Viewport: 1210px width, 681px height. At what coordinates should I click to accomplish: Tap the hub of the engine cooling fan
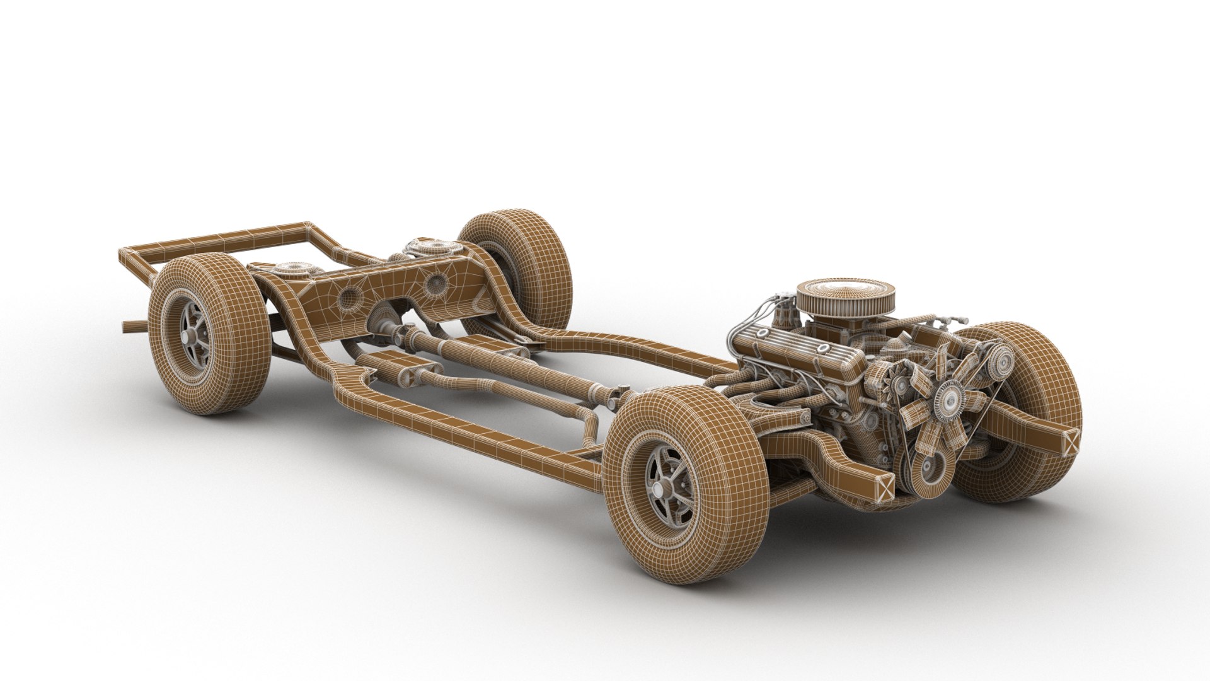(x=947, y=397)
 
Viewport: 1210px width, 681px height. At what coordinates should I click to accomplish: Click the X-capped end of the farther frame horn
(x=1070, y=439)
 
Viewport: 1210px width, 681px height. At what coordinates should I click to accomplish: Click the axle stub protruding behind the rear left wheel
(x=132, y=326)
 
